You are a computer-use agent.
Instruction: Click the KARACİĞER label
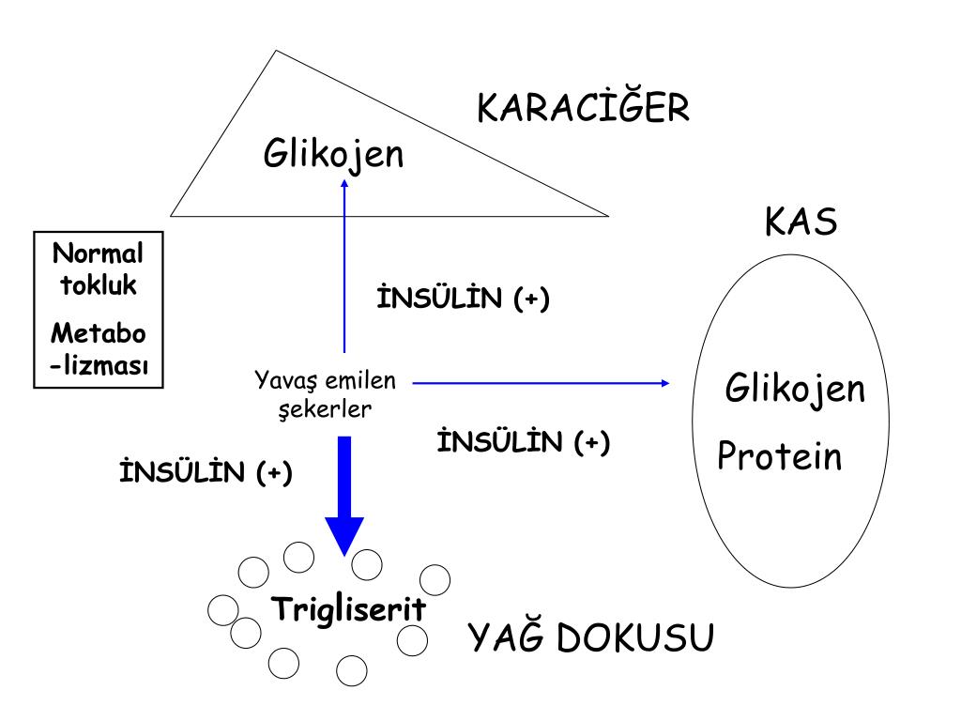coord(584,109)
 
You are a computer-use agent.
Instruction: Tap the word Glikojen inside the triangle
coord(333,154)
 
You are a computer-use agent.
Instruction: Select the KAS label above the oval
coord(801,223)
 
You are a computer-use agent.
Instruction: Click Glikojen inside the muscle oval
coord(795,388)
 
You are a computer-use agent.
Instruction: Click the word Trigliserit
coord(348,608)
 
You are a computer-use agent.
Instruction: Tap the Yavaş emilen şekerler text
coord(326,394)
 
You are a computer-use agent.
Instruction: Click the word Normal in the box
coord(99,253)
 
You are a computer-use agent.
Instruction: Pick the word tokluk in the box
coord(99,285)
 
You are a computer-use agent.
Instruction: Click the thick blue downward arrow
coord(344,493)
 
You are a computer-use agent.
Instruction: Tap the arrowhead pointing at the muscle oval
coord(664,382)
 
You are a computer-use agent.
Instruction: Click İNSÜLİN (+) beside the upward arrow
coord(462,299)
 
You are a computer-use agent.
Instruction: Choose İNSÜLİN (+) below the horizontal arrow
coord(524,441)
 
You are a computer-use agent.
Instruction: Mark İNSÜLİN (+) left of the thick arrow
coord(206,471)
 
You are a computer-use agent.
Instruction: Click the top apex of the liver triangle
coord(274,51)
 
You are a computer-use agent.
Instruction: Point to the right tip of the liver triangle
coord(608,215)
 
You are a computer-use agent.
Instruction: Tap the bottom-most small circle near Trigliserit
coord(350,670)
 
